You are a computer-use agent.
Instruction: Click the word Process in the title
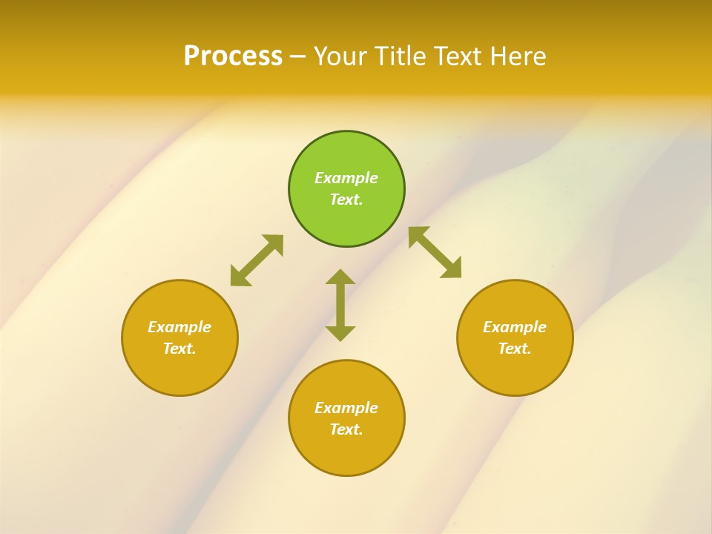pos(233,56)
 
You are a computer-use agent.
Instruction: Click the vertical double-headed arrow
pos(340,306)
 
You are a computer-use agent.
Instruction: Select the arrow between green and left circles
pos(257,260)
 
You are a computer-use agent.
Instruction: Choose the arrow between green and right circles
pos(435,253)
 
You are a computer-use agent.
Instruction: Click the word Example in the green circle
pos(346,178)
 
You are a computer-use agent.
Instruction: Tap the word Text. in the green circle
pos(346,200)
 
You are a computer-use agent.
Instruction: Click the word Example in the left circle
pos(179,327)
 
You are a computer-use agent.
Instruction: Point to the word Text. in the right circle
pos(515,349)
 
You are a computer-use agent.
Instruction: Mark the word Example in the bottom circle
pos(346,408)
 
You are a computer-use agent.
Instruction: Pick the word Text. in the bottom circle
pos(346,429)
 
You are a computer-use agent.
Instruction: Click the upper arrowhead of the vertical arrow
pos(340,277)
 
